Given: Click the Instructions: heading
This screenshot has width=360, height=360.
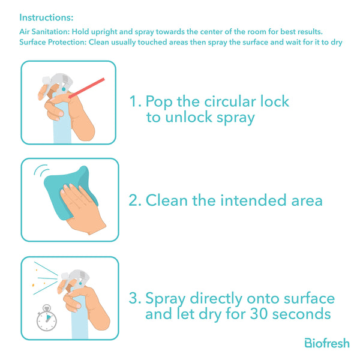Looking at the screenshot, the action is coord(46,17).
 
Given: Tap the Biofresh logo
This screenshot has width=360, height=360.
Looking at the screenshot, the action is coord(327,343).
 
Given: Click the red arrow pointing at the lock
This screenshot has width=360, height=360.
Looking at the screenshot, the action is coord(87,88).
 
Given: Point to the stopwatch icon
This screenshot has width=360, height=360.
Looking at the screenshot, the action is coord(47,318).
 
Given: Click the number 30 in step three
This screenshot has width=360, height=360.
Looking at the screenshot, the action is coord(259,314).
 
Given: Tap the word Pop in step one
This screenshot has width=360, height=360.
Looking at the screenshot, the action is coord(159,101).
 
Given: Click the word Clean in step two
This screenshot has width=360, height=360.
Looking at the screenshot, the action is coord(167,200).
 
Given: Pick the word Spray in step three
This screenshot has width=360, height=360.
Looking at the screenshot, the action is coord(166,299).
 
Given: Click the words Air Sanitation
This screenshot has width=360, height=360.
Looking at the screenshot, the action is coord(44,32).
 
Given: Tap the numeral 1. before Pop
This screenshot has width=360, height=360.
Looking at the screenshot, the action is coord(136,101).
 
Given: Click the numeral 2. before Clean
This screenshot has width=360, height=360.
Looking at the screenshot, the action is coord(135,200).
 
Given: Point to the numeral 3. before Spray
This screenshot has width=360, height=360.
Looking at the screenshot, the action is coord(135,298).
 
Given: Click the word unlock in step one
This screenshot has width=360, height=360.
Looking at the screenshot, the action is coord(189,117).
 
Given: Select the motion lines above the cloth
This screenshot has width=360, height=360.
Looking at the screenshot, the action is coord(41,170).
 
